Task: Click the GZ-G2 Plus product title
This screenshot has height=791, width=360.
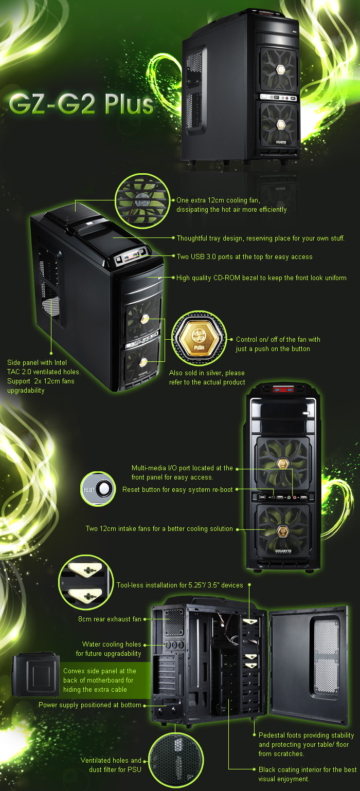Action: point(81,104)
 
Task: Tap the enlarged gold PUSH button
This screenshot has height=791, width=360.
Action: point(199,338)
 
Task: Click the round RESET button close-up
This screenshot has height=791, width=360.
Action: point(98,489)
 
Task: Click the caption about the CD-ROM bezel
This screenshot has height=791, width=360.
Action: point(261,278)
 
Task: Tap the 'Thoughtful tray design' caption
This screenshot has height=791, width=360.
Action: point(260,238)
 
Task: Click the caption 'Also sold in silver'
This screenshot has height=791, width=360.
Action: point(207,377)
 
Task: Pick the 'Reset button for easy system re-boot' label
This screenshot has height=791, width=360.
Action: point(177,490)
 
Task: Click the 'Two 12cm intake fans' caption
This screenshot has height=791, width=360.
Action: point(159,529)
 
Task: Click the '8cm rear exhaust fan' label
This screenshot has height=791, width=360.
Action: point(110,619)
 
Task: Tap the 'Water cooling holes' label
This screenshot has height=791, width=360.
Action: point(109,649)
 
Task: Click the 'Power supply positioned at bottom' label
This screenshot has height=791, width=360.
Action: point(89,705)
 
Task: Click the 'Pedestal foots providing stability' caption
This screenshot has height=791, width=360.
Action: point(307,744)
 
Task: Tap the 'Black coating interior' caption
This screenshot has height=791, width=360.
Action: point(308,774)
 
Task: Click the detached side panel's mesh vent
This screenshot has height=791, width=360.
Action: point(326,657)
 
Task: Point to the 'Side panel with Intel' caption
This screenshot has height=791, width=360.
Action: point(44,376)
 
